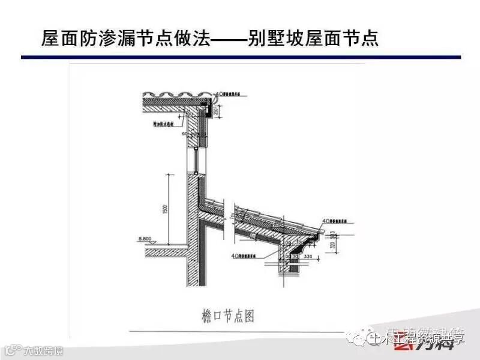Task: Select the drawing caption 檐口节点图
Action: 226,314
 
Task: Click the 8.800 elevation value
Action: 145,238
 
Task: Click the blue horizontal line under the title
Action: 240,57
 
